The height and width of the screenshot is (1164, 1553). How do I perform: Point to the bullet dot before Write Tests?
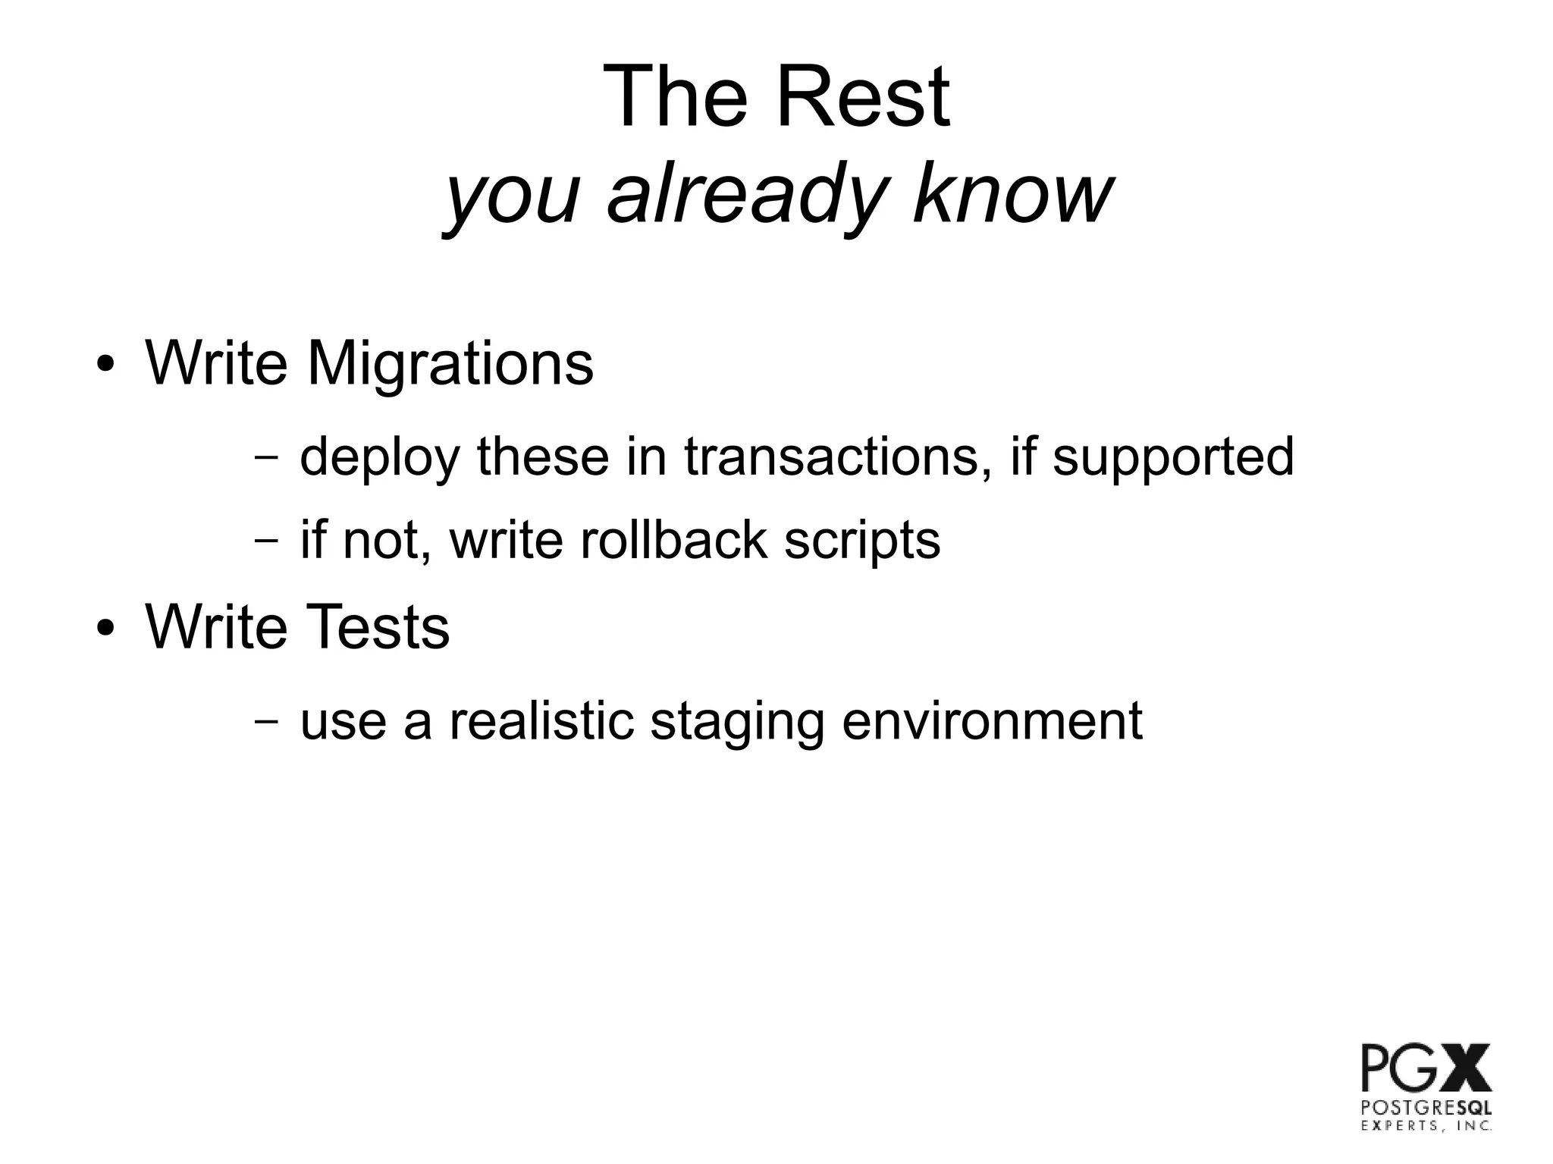coord(105,629)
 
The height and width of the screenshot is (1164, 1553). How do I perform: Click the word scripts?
coord(861,541)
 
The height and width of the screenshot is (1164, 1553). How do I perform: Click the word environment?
coord(992,720)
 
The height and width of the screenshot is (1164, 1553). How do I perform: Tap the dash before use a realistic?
coord(265,720)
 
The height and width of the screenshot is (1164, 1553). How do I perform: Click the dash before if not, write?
coord(265,541)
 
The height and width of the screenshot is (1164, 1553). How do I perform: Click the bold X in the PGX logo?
coord(1464,1067)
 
